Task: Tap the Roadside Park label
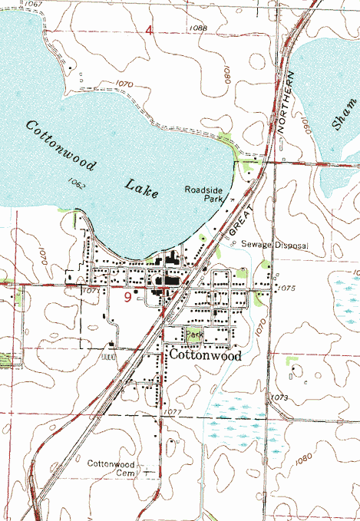point(203,193)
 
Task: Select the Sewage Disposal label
point(274,245)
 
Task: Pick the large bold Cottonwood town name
point(205,356)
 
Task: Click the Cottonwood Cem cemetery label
point(111,469)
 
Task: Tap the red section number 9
point(127,296)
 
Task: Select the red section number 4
point(150,30)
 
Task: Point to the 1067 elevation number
point(32,5)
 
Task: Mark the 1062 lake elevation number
point(75,183)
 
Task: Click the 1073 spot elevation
point(279,397)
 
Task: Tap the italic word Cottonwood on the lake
point(60,147)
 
